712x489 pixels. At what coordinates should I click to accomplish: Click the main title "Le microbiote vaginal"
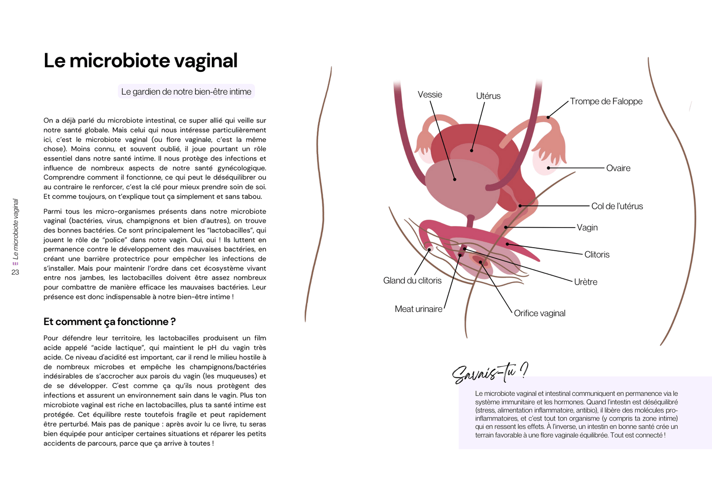(x=140, y=61)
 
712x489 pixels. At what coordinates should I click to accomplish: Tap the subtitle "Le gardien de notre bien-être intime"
(x=186, y=92)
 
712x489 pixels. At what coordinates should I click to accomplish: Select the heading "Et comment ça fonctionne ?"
(x=109, y=322)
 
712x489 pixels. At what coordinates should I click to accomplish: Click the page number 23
(x=15, y=272)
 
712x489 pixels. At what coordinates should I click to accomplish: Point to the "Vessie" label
(x=430, y=95)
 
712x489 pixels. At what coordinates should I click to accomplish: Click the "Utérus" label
(x=488, y=96)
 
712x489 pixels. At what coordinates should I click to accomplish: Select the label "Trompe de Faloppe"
(x=606, y=101)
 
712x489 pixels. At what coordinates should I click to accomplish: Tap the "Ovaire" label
(x=618, y=168)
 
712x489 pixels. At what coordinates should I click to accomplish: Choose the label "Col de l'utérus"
(x=617, y=206)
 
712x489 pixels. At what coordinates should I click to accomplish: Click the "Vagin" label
(x=587, y=228)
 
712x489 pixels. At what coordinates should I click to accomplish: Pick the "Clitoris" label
(x=597, y=255)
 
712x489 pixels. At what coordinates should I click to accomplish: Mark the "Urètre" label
(x=585, y=282)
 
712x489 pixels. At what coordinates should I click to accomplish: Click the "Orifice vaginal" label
(x=540, y=313)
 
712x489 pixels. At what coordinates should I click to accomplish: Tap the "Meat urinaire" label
(x=418, y=309)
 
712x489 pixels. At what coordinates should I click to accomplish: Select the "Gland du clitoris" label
(x=412, y=281)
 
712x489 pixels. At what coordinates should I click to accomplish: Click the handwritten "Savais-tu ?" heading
(x=489, y=373)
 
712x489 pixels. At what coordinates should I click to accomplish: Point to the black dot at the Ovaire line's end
(x=549, y=168)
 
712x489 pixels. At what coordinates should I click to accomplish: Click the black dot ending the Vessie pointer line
(x=454, y=180)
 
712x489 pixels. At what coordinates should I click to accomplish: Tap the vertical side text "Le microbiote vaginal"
(x=15, y=229)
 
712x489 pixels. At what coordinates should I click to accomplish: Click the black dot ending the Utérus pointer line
(x=472, y=150)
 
